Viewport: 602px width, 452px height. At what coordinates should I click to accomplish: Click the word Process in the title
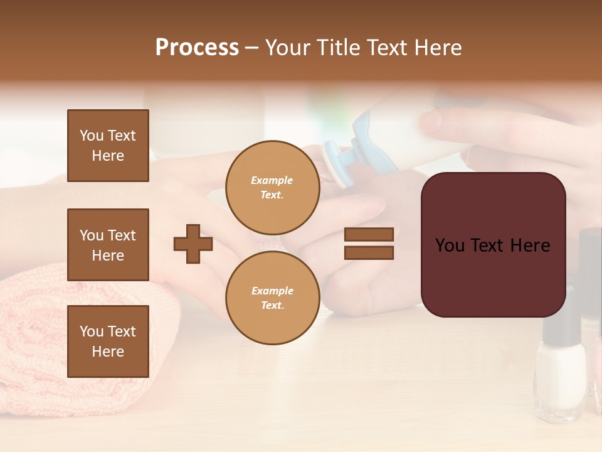click(197, 48)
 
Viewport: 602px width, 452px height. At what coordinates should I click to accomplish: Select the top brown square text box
click(108, 146)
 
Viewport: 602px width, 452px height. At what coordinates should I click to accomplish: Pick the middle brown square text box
click(108, 245)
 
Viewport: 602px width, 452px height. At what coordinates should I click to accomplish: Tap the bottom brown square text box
click(108, 342)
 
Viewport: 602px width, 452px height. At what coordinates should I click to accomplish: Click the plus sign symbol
click(193, 244)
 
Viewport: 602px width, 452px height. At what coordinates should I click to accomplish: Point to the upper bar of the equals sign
click(369, 234)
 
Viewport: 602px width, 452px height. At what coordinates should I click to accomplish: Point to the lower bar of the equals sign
click(369, 253)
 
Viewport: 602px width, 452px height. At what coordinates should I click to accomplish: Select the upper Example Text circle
click(272, 187)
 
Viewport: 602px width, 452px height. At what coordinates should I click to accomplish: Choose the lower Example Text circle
click(272, 298)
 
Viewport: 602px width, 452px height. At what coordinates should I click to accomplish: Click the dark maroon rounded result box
click(493, 245)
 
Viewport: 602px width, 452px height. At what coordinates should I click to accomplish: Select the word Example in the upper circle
click(272, 180)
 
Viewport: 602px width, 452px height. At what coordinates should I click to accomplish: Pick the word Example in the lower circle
click(272, 291)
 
